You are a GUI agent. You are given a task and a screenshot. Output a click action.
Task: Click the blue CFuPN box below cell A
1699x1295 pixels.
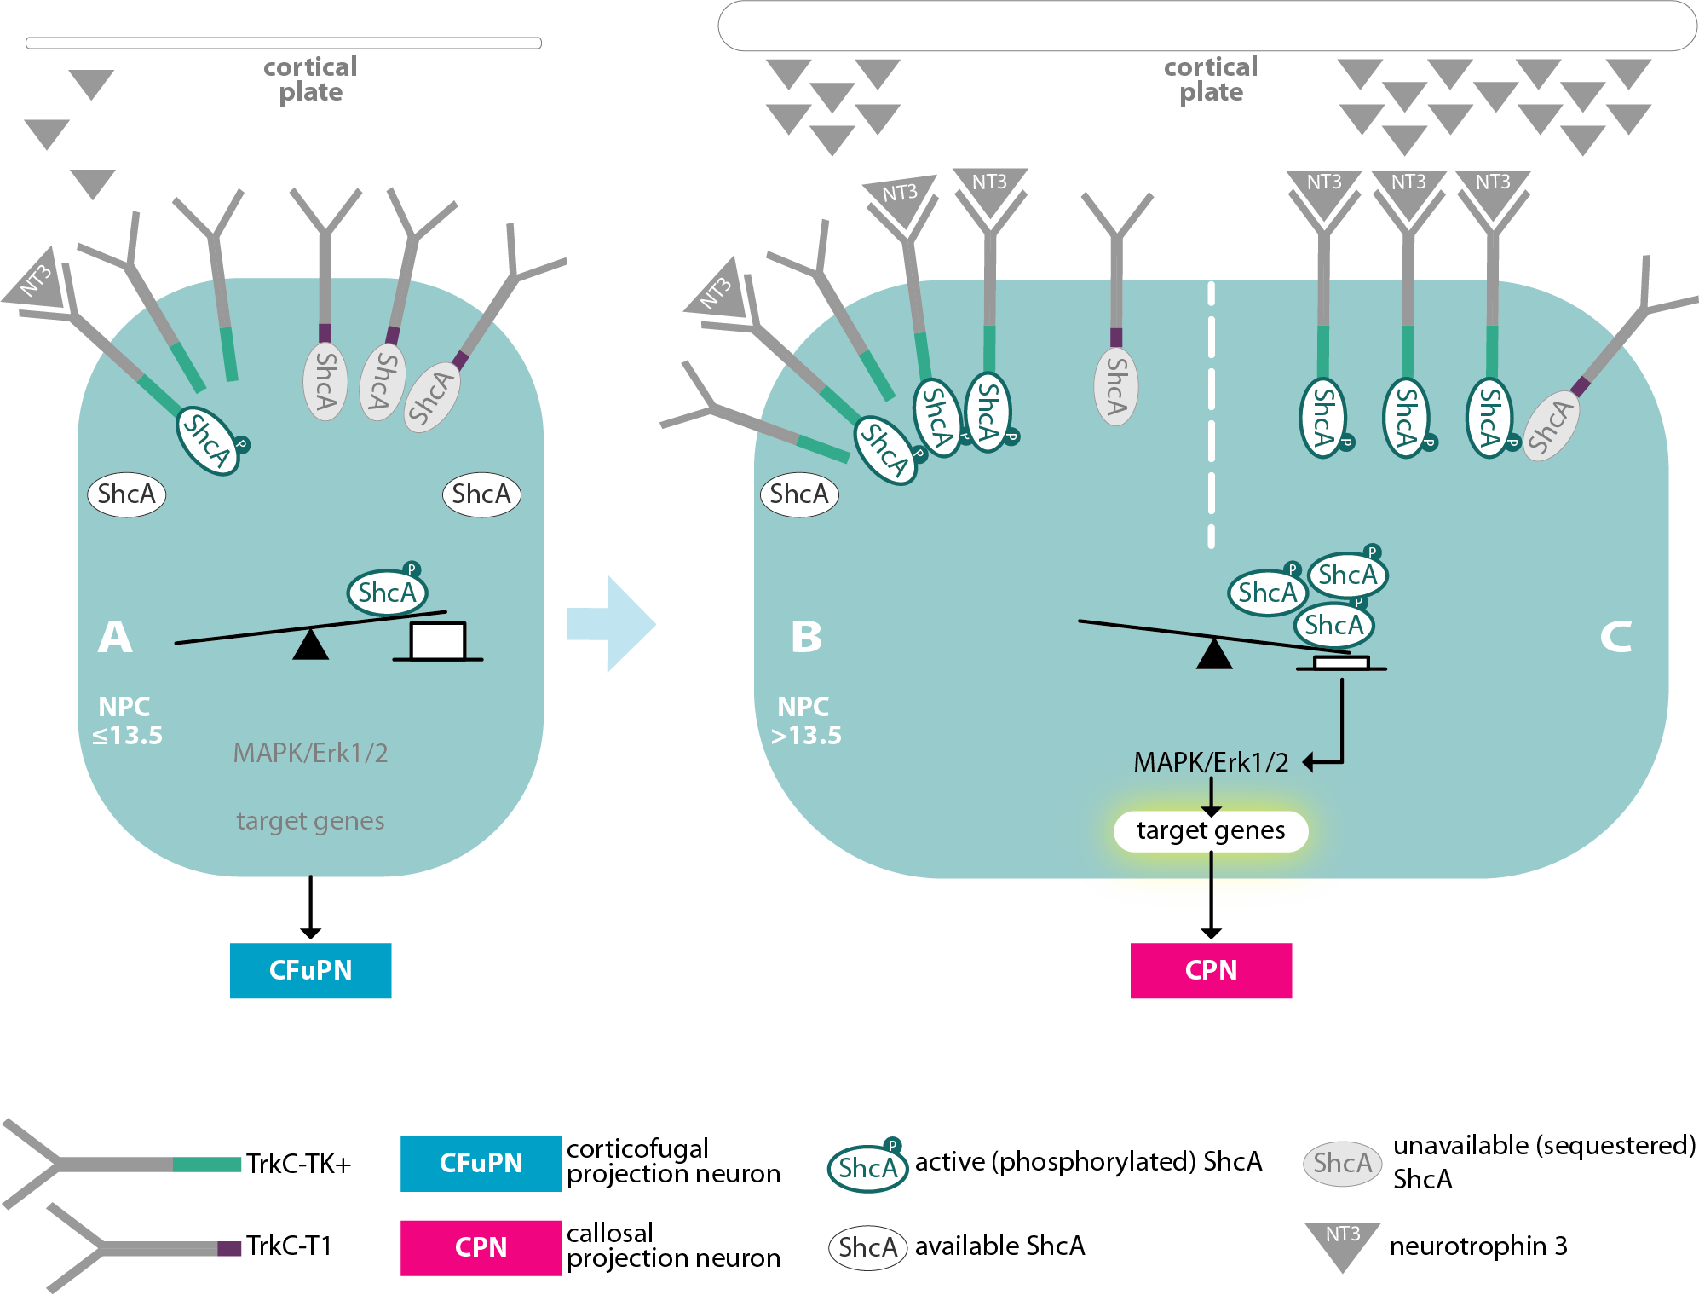pyautogui.click(x=310, y=970)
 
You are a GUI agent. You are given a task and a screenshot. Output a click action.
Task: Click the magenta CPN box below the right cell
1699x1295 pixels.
pyautogui.click(x=1210, y=970)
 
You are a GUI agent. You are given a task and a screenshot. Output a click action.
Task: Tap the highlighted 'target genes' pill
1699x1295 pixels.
pyautogui.click(x=1210, y=830)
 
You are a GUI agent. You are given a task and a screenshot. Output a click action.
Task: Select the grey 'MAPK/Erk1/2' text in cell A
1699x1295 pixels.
pyautogui.click(x=310, y=753)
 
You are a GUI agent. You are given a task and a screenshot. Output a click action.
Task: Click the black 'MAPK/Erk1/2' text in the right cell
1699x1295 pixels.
pyautogui.click(x=1210, y=762)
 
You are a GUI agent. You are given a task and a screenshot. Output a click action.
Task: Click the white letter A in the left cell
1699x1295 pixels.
pyautogui.click(x=115, y=637)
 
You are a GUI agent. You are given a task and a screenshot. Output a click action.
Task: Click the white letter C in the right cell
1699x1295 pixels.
pyautogui.click(x=1615, y=637)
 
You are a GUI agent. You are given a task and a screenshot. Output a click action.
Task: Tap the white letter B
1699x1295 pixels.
pyautogui.click(x=806, y=637)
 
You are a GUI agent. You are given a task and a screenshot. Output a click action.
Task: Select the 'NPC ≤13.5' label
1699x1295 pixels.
pyautogui.click(x=127, y=720)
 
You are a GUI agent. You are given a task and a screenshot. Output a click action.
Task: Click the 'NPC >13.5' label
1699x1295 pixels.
pyautogui.click(x=805, y=720)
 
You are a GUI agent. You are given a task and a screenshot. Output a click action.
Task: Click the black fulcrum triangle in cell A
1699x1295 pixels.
pyautogui.click(x=310, y=645)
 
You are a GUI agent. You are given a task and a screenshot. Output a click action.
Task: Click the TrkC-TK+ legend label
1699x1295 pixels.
pyautogui.click(x=298, y=1164)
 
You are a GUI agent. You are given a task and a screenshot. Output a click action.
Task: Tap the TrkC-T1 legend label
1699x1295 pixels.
pyautogui.click(x=289, y=1246)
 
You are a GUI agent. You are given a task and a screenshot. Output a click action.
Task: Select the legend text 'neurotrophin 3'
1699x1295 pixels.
pyautogui.click(x=1478, y=1246)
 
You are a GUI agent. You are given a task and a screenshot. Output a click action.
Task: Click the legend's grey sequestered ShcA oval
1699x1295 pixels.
pyautogui.click(x=1342, y=1163)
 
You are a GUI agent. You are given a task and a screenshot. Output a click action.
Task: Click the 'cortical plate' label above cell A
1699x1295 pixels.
pyautogui.click(x=310, y=79)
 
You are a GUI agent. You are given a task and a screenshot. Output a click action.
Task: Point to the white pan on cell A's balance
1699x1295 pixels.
pyautogui.click(x=437, y=641)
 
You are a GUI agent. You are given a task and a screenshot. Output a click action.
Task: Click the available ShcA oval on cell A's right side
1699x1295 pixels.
pyautogui.click(x=481, y=494)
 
